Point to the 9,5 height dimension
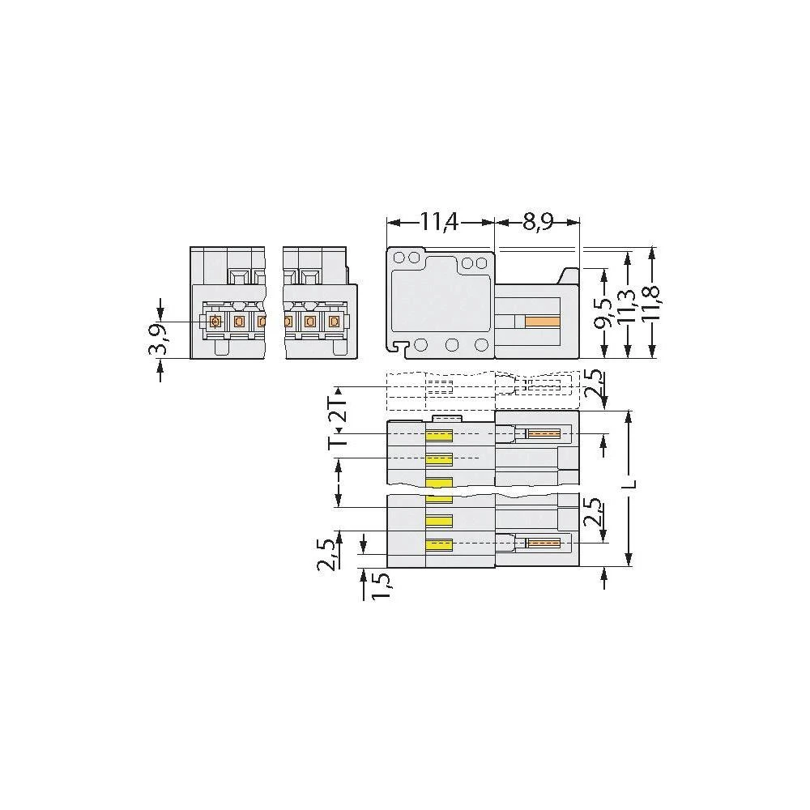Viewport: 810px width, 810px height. [x=602, y=311]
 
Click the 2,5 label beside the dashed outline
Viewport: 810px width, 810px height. [x=595, y=383]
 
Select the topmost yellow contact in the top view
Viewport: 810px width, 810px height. [x=439, y=435]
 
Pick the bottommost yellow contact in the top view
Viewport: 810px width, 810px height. [x=439, y=544]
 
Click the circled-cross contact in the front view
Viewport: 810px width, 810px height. [x=215, y=322]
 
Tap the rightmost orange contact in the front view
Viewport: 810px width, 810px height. [x=333, y=322]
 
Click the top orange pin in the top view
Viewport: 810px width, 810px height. [x=544, y=434]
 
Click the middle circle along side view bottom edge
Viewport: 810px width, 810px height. [x=452, y=345]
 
